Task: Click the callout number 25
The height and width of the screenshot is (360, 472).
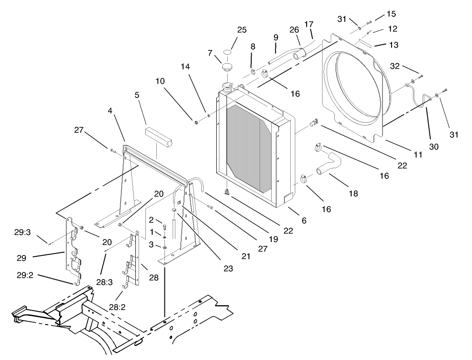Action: coord(242,30)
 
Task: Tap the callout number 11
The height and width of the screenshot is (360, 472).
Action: coord(417,155)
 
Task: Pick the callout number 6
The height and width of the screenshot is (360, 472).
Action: coord(303,220)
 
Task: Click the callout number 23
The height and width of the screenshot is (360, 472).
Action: coord(228,269)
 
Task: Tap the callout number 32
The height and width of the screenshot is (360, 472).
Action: coord(395,66)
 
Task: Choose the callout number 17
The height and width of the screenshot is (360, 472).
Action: coord(309,24)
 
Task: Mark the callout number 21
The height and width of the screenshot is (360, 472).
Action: coord(245,256)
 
